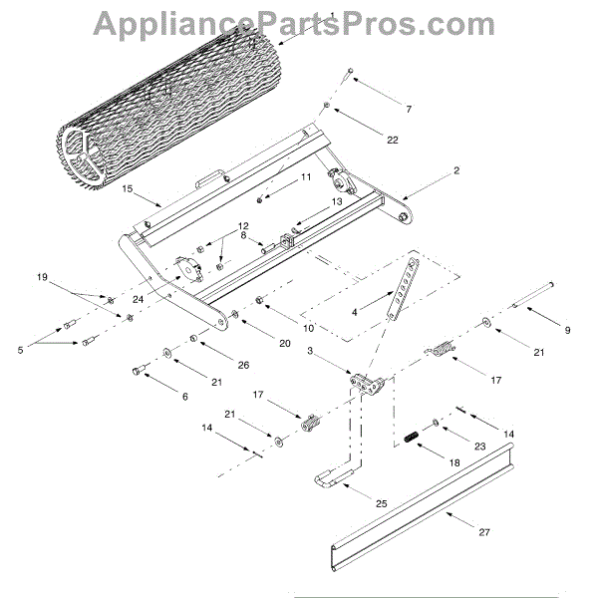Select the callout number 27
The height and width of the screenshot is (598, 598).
click(x=484, y=533)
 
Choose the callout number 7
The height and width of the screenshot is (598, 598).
click(x=408, y=107)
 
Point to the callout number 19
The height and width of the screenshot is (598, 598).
click(x=42, y=276)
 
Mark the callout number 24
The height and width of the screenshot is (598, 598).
click(x=137, y=298)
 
